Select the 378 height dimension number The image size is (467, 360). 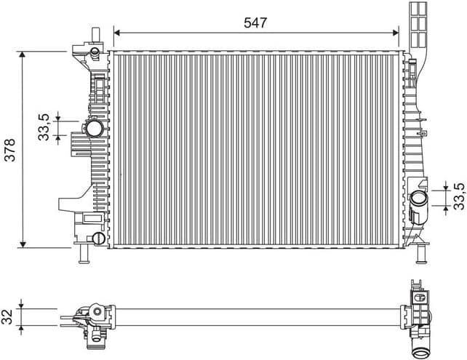(9, 150)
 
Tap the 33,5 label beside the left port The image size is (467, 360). (44, 127)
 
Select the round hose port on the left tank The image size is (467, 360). (95, 129)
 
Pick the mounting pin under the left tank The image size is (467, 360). (84, 255)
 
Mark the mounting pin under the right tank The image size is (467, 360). (420, 255)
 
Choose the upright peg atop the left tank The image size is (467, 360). (94, 35)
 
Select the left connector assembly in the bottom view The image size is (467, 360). (91, 320)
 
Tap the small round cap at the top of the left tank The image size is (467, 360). (94, 52)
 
